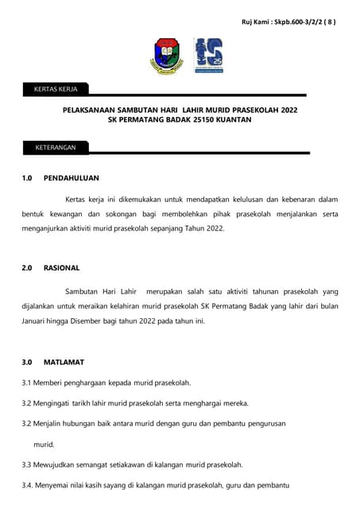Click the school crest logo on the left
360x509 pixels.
point(167,55)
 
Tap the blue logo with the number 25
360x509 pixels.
point(209,56)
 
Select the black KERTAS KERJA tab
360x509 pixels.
point(56,89)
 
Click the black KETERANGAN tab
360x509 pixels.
point(56,147)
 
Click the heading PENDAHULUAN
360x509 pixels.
point(72,178)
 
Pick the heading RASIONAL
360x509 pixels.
point(61,268)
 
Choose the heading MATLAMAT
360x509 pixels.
point(64,362)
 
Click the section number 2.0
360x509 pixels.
point(27,268)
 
